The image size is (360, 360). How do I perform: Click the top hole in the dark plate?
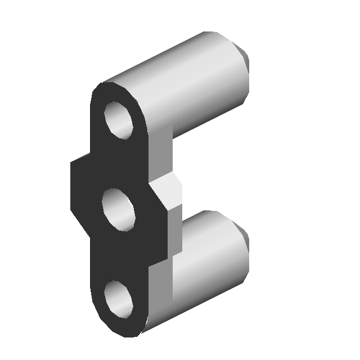119,120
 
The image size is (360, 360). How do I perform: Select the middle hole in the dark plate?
119,210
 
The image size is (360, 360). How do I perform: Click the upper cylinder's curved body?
191,84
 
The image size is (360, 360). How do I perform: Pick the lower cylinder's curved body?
208,259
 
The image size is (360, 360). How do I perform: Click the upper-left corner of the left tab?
71,164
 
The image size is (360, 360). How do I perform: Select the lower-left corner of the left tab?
71,210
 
